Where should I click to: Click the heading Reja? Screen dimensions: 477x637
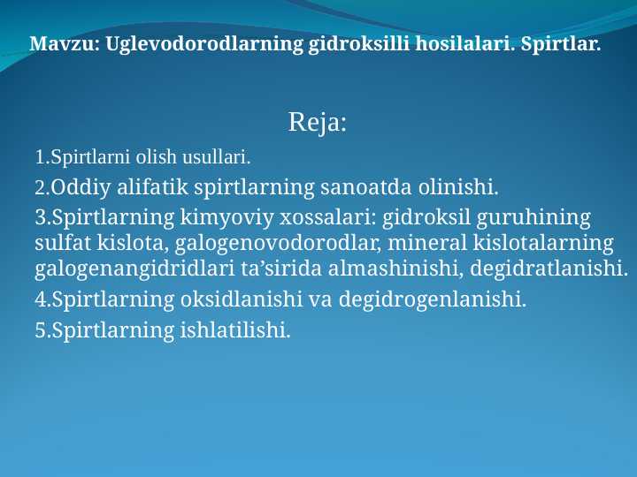318,123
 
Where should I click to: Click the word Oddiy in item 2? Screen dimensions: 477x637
77,188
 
